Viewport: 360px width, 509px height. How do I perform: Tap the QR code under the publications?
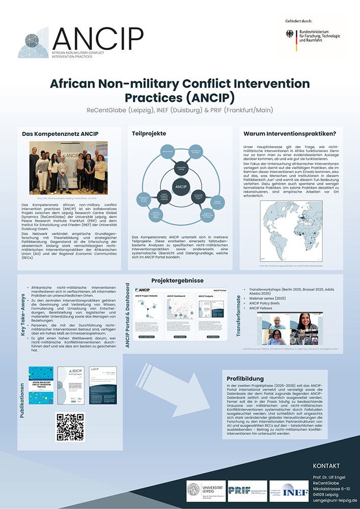pos(70,427)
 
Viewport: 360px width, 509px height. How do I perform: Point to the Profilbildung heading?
pos(245,379)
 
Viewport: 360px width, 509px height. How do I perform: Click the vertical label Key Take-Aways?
pos(23,315)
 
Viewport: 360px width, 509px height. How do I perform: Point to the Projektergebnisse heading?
pos(177,280)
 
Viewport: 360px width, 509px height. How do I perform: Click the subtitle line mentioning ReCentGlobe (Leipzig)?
pos(180,110)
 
